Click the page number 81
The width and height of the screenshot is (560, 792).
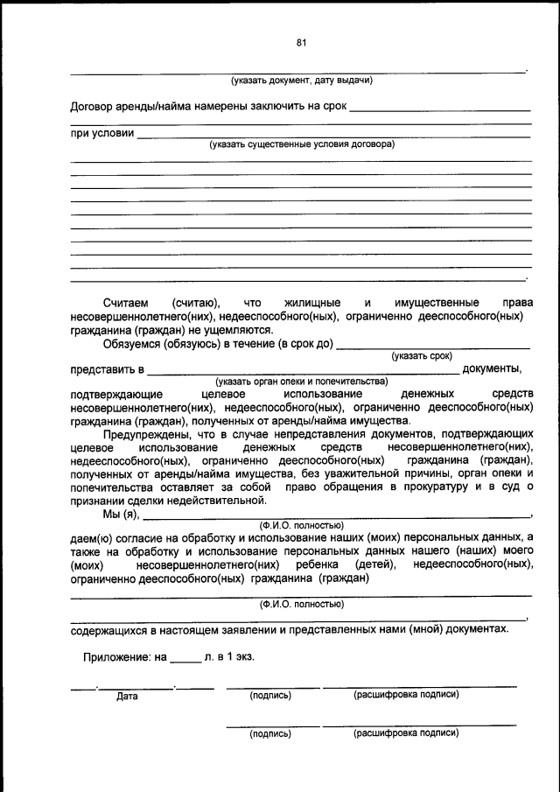coord(301,42)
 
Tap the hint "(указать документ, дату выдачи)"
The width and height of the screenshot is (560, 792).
coord(301,81)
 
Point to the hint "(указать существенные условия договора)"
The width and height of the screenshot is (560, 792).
coord(301,144)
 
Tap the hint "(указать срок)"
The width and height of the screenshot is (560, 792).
coord(422,356)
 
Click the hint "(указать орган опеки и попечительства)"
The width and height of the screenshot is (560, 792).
coord(301,382)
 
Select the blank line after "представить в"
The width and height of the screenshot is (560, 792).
coord(302,370)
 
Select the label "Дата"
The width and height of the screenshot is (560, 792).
coord(128,697)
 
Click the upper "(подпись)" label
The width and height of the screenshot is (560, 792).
coord(270,696)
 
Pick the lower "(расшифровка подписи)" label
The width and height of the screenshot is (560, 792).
coord(405,733)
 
